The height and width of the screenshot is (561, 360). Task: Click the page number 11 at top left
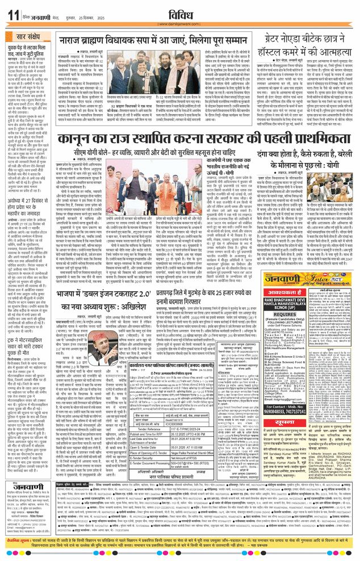click(x=12, y=13)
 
